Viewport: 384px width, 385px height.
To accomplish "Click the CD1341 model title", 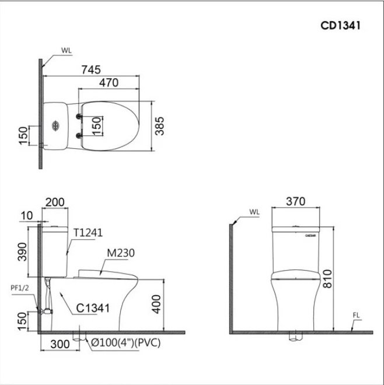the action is click(x=340, y=26).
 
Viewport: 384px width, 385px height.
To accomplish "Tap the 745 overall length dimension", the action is click(x=91, y=70).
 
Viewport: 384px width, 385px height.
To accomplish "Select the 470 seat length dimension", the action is click(x=109, y=83).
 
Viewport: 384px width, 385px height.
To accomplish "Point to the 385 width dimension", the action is click(x=159, y=126).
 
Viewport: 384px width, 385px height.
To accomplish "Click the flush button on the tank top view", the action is click(x=55, y=125).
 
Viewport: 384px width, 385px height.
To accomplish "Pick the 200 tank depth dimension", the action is click(x=55, y=202).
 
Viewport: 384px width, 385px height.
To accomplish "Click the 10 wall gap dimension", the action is click(x=26, y=216).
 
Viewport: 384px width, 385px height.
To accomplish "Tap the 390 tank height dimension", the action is click(x=22, y=251).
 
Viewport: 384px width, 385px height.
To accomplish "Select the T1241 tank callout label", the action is click(x=88, y=233).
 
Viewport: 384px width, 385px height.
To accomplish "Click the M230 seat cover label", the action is click(x=121, y=253).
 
